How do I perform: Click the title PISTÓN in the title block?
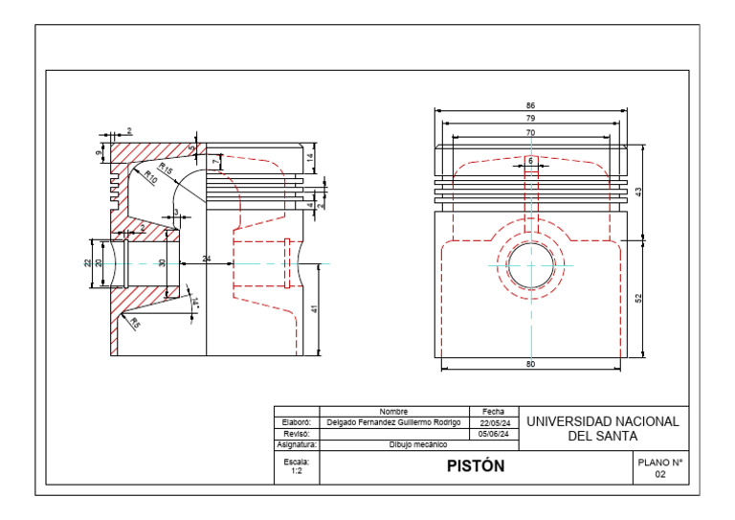475,466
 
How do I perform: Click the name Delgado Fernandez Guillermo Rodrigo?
393,422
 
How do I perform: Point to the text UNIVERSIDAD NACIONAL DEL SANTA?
603,428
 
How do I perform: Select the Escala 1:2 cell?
297,466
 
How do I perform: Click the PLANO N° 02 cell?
659,467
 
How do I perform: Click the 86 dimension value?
530,105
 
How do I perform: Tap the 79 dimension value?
530,118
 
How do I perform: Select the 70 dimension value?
530,131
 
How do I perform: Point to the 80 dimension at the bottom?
530,364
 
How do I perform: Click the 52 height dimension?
638,298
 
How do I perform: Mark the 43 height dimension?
638,192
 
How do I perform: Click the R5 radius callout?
135,324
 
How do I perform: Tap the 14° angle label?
194,302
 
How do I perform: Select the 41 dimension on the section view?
313,308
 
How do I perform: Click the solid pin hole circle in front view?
530,264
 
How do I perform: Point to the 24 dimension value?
207,260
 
